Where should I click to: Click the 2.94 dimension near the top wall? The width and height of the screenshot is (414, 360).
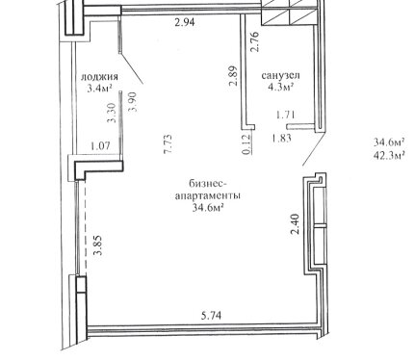point(185,23)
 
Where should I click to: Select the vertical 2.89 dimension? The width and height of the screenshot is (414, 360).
point(233,76)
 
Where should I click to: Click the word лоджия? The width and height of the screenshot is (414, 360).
point(99,77)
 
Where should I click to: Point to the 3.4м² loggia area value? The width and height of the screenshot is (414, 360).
point(99,88)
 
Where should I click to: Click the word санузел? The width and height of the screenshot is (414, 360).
point(281,75)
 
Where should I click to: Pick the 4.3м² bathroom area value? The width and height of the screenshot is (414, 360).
point(281,87)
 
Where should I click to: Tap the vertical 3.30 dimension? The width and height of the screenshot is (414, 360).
point(111,113)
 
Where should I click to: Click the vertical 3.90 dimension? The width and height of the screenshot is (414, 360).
point(133,102)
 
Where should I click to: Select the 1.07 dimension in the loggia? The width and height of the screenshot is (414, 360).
point(101,146)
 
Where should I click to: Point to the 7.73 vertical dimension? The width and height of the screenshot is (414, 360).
point(168,143)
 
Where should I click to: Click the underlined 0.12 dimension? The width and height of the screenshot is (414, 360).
point(246,144)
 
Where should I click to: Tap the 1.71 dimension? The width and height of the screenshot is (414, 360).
point(286,115)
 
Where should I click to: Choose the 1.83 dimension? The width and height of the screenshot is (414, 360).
point(281,139)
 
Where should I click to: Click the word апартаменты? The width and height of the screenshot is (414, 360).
point(208,195)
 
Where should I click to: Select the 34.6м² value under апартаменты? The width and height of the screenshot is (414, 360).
point(208,208)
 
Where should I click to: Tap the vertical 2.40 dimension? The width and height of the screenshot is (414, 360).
point(295,224)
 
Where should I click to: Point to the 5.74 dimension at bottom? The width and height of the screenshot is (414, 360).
point(211,316)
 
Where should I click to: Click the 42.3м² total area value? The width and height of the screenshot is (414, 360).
point(389,155)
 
